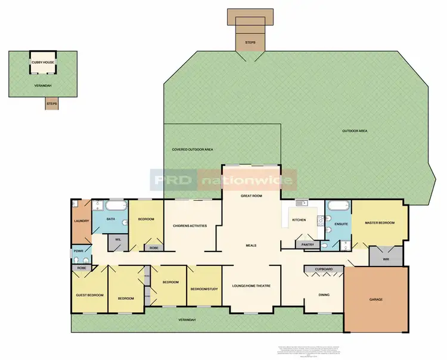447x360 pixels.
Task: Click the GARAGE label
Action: coord(375,299)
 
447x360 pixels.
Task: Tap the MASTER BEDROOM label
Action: coord(380,223)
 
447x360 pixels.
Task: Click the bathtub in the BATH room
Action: coord(114,207)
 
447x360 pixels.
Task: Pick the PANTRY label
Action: coord(308,244)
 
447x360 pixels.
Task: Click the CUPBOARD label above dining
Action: coord(324,269)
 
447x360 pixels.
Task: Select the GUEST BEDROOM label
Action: coord(90,295)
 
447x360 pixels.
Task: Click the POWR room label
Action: coord(78,251)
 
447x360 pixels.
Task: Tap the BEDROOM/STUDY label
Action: coord(204,290)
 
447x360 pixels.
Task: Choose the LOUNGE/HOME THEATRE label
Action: coord(251,286)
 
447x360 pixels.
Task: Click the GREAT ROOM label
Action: coord(252,195)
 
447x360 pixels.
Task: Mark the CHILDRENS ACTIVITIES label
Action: coord(190,225)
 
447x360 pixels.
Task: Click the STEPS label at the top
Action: coord(250,43)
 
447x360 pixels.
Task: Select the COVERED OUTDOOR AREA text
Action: coord(193,149)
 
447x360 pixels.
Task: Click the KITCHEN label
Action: coord(299,221)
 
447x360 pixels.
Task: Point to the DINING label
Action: coord(324,294)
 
